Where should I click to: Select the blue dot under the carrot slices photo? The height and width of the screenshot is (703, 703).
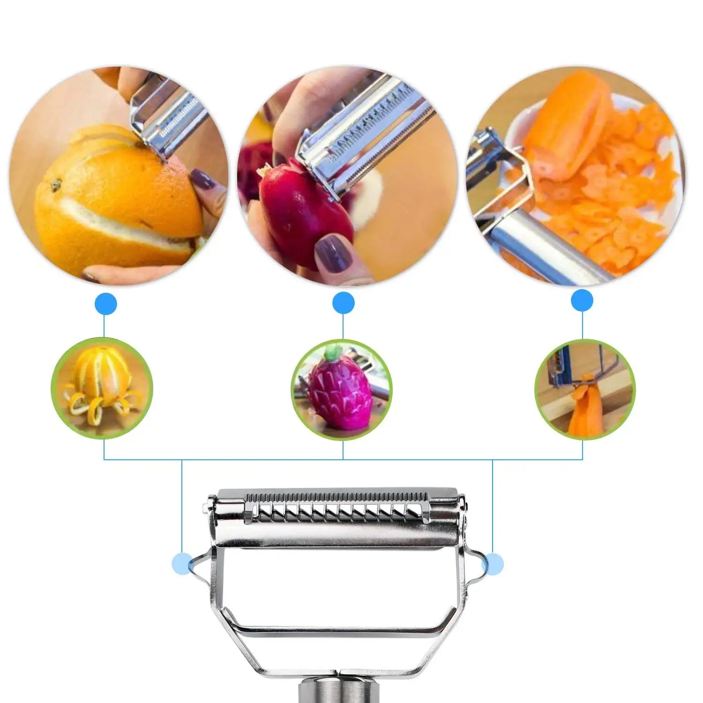(x=582, y=300)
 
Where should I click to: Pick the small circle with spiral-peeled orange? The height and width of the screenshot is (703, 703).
(x=102, y=388)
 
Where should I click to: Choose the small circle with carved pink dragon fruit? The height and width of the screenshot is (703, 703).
(x=342, y=389)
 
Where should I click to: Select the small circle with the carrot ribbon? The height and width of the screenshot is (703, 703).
(x=585, y=389)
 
